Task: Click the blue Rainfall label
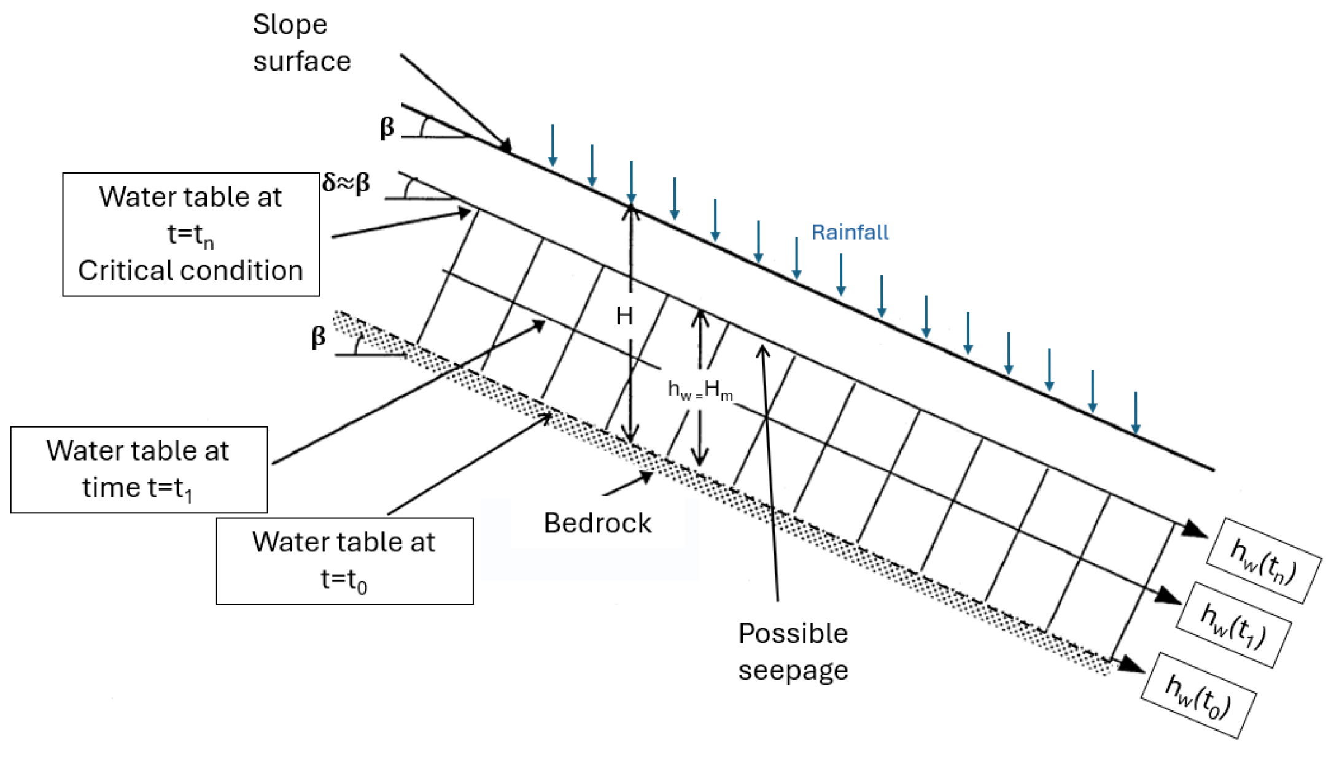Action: [850, 232]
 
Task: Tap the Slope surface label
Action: [301, 43]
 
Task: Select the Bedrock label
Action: [597, 523]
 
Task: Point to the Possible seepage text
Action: [793, 651]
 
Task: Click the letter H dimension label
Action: [624, 317]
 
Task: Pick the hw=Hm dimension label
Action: [700, 390]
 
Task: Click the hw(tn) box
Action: [1263, 561]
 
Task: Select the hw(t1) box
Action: [1234, 624]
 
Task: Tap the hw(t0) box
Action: [1198, 695]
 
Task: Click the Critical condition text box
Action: [191, 234]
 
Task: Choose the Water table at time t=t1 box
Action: [139, 470]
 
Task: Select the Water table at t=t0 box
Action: [344, 561]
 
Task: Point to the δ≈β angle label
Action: [346, 183]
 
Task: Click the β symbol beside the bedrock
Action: [318, 337]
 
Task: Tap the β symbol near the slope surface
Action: [387, 128]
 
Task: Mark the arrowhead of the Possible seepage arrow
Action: [762, 351]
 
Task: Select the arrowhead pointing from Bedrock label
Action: [646, 477]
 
